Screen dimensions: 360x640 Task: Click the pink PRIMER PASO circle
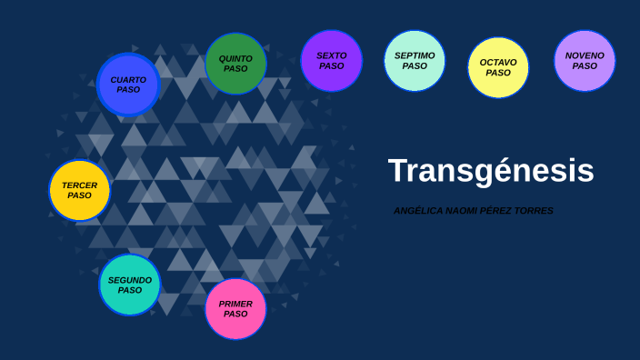click(x=235, y=309)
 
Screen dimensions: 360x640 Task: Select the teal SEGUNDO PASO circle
click(x=130, y=285)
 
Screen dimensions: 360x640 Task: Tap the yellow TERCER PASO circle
click(x=79, y=190)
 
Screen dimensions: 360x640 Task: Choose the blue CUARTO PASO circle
click(x=128, y=85)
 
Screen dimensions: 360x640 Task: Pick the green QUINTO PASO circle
click(x=235, y=64)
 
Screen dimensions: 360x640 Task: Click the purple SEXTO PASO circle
click(x=331, y=61)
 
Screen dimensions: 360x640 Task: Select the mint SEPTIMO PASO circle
click(x=415, y=61)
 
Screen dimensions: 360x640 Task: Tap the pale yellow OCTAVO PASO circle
click(x=498, y=67)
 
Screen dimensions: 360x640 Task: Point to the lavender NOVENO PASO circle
click(x=585, y=61)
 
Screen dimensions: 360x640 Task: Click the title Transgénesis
click(x=491, y=171)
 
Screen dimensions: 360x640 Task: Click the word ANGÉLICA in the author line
click(x=417, y=211)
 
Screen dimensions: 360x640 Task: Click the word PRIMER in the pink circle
click(x=235, y=304)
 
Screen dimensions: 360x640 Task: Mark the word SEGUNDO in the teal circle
click(x=130, y=280)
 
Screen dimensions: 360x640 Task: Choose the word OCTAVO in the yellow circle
click(x=498, y=63)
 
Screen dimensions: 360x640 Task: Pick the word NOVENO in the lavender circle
click(x=585, y=55)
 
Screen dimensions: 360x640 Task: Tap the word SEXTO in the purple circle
click(x=331, y=55)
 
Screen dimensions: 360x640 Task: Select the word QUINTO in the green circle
click(x=235, y=58)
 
